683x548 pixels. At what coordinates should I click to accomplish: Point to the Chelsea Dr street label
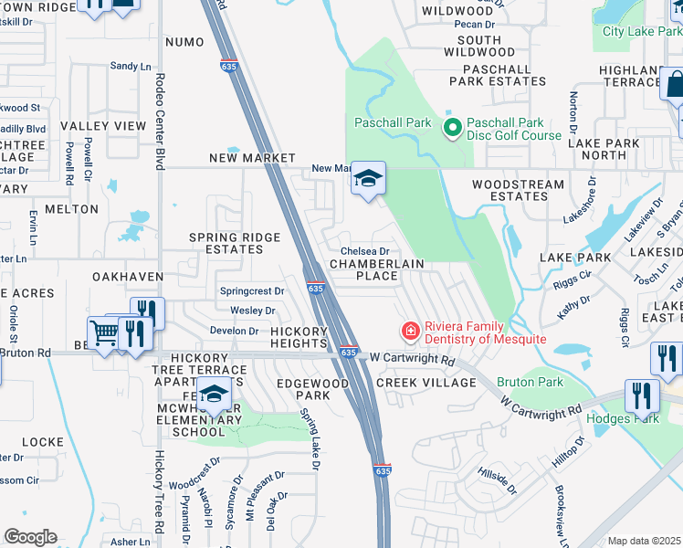pos(364,251)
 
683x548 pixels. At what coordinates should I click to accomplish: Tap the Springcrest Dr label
pos(253,291)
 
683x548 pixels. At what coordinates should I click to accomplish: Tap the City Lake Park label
pos(636,32)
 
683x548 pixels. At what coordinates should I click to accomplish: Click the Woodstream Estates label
pos(518,190)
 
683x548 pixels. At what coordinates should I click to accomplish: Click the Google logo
pos(31,536)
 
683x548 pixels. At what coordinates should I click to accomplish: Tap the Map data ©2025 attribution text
pos(644,541)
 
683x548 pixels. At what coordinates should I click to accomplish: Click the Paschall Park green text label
pos(394,121)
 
